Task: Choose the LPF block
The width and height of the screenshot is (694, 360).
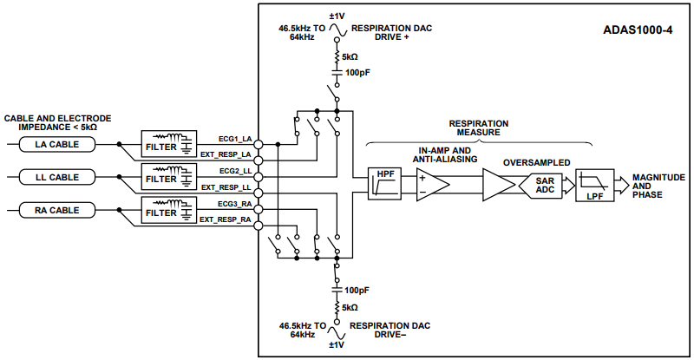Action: [594, 185]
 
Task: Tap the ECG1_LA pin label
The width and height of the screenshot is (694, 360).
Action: [234, 138]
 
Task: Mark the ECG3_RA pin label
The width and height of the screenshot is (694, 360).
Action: [234, 204]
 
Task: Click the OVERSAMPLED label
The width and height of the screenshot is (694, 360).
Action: [536, 162]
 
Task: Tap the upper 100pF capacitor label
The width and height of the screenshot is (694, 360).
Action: [358, 73]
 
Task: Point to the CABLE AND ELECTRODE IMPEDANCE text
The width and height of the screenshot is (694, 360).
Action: [57, 121]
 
